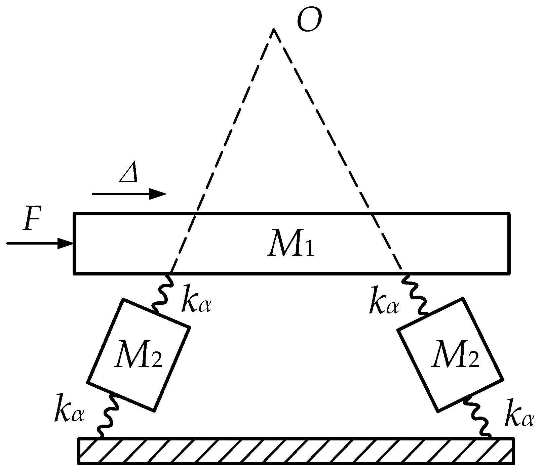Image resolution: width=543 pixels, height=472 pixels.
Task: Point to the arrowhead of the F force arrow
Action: (x=66, y=243)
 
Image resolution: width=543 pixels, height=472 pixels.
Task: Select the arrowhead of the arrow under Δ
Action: (x=158, y=194)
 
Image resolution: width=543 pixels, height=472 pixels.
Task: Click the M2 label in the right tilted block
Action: (x=456, y=355)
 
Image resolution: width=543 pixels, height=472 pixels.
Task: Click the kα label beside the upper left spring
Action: (x=196, y=299)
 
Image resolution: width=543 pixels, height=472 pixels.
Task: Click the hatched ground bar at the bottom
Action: (x=296, y=451)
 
